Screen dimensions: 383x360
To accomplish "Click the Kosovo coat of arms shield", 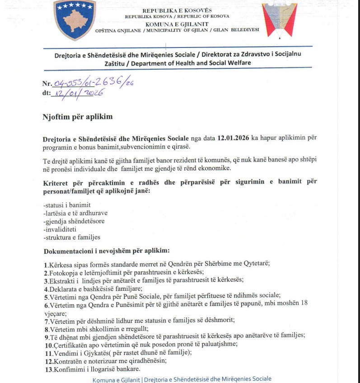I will [75, 20].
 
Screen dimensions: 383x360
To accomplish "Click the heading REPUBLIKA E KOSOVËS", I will [177, 10].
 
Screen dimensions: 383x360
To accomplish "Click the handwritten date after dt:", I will [78, 93].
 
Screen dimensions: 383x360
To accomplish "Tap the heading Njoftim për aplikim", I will [77, 117].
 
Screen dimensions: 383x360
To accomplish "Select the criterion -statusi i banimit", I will [67, 205].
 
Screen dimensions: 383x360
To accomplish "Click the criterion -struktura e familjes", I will [71, 237].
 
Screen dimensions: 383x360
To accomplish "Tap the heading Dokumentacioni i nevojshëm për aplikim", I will [106, 251].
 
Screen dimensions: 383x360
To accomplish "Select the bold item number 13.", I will [47, 369].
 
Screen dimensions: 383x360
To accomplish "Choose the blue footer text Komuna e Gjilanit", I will [116, 379].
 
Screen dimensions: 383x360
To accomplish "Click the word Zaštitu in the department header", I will [113, 63].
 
